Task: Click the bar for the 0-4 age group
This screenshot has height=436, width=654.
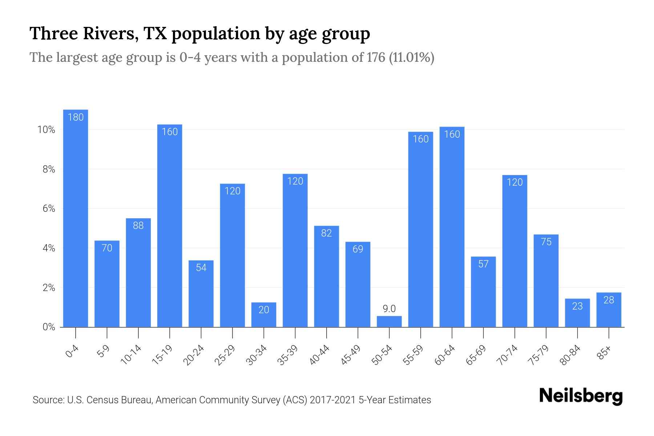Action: [x=76, y=218]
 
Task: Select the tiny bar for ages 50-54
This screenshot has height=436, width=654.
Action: [x=389, y=322]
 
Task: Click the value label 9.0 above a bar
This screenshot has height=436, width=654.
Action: [x=389, y=309]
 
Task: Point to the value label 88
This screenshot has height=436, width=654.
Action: [x=138, y=226]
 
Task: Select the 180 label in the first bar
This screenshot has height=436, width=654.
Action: [x=76, y=117]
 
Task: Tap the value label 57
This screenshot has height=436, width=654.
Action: [x=483, y=264]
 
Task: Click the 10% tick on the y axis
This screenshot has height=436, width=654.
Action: [x=46, y=130]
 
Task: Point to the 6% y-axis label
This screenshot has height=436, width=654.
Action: [x=49, y=209]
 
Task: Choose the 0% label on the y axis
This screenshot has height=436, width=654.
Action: [x=49, y=327]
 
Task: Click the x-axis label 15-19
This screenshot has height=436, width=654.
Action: [x=162, y=355]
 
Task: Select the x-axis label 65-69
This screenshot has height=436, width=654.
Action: [x=476, y=355]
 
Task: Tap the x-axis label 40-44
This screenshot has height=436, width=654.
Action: [x=319, y=355]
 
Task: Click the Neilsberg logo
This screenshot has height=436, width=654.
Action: [x=581, y=396]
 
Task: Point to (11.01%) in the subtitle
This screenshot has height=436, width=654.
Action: [x=411, y=57]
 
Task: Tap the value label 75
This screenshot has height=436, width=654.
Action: [x=546, y=242]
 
